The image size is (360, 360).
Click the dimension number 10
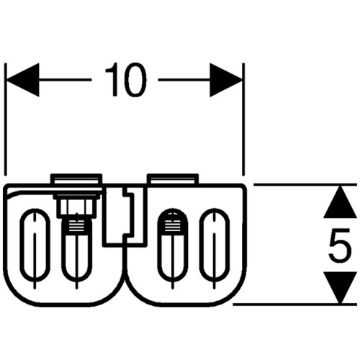(126, 80)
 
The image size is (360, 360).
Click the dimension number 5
(340, 245)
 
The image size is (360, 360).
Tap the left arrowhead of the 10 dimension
(23, 80)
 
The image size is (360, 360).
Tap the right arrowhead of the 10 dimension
(226, 80)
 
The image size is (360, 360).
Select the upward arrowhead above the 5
(340, 202)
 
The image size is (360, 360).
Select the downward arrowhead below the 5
(340, 288)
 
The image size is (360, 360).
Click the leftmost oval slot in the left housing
(35, 245)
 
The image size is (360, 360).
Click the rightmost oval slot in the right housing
(215, 245)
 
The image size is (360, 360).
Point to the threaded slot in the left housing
(77, 250)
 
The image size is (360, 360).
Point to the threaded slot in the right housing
(173, 245)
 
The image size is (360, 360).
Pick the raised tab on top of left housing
(76, 179)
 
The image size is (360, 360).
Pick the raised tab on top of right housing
(173, 179)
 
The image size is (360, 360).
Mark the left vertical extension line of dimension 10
(6, 120)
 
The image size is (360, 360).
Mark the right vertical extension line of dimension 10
(243, 120)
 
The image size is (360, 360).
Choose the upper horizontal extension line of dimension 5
(305, 184)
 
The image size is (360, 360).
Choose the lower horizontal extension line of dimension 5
(295, 305)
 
